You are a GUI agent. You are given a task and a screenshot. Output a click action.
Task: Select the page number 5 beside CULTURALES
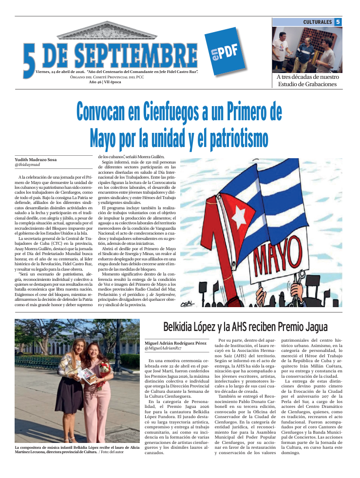coord(338,22)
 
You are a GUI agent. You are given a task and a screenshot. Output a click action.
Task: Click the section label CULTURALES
coord(317,22)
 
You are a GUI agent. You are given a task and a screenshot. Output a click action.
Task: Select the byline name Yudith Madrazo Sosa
coord(35,160)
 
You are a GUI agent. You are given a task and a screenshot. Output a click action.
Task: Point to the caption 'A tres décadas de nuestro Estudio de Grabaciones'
coord(307,81)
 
